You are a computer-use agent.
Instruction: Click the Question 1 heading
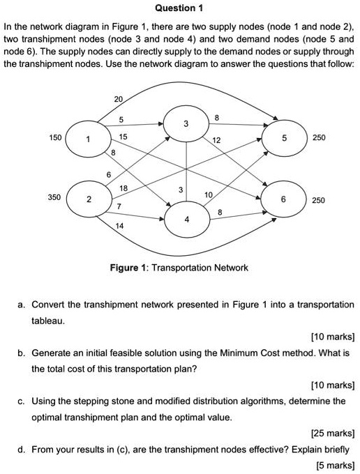(x=179, y=8)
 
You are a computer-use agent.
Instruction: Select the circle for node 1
(x=87, y=139)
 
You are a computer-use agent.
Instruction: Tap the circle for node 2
(x=87, y=199)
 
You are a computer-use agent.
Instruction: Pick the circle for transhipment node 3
(x=186, y=123)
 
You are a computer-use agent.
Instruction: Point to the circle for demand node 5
(x=283, y=138)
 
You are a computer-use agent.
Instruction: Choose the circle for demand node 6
(x=283, y=199)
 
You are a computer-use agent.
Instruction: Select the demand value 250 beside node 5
(x=319, y=138)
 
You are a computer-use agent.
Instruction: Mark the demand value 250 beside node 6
(x=319, y=200)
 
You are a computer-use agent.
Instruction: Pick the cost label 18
(x=123, y=189)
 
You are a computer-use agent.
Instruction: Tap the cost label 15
(x=123, y=136)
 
